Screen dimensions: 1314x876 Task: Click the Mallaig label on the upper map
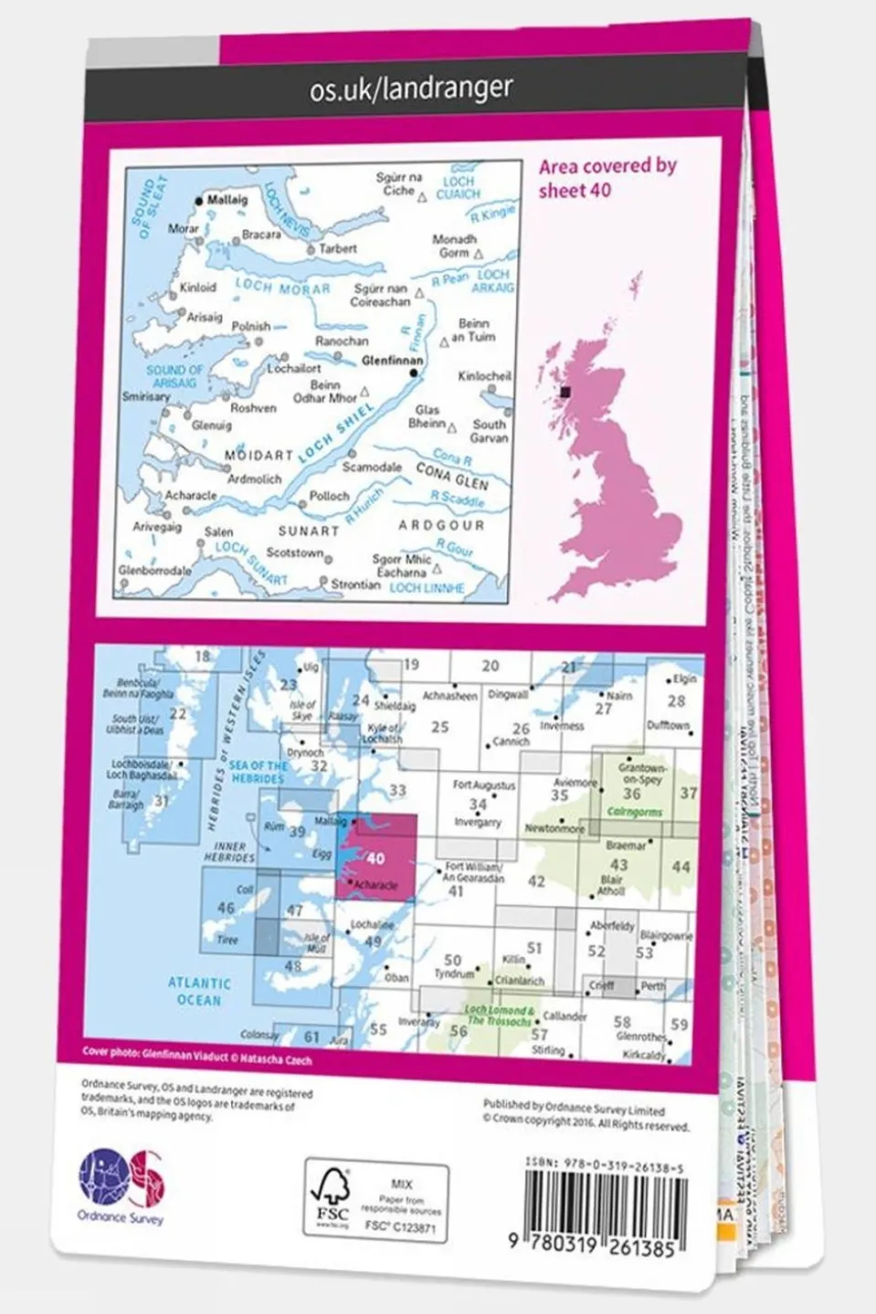coord(227,200)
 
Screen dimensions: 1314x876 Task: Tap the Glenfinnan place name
coord(391,361)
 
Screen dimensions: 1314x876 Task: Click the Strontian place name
coord(354,584)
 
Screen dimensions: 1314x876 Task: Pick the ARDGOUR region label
coord(442,526)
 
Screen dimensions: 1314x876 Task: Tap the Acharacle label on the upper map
coord(190,495)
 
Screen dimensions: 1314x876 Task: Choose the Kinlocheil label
coord(484,376)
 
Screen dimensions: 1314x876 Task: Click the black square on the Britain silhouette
coord(566,392)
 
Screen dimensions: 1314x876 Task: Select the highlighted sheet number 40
coord(375,858)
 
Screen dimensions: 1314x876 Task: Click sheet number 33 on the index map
coord(397,791)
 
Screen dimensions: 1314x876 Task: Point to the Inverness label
coord(561,726)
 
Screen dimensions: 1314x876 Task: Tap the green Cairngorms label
coord(634,812)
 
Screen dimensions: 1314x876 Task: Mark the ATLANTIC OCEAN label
coord(199,992)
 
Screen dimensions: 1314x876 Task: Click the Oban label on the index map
coord(396,978)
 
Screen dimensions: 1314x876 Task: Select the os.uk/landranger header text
coord(411,89)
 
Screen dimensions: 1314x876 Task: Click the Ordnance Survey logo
coord(121,1184)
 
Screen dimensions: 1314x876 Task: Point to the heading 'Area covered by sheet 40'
coord(607,178)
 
